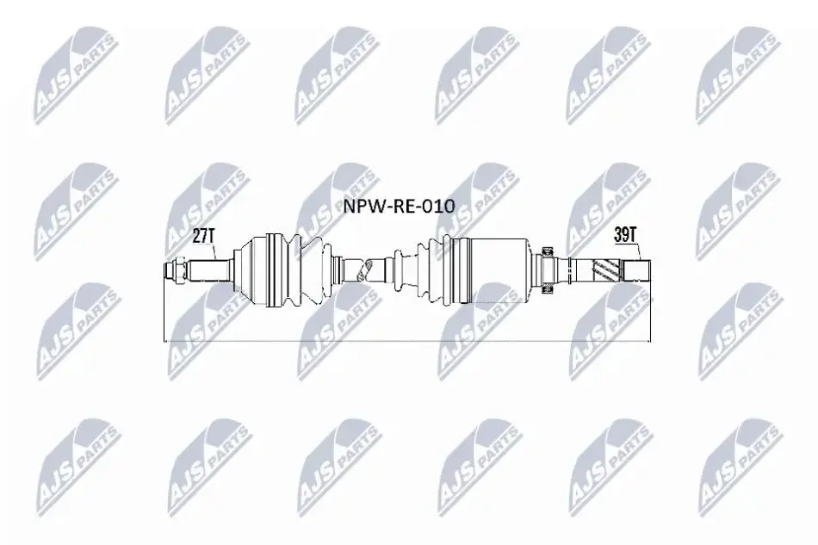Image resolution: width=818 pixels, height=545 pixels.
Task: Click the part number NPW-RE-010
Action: click(x=399, y=207)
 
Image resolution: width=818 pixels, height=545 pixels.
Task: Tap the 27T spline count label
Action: click(x=204, y=236)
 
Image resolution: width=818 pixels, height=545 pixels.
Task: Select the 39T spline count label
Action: click(x=625, y=235)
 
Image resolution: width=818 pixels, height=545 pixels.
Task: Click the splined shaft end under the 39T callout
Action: click(x=637, y=270)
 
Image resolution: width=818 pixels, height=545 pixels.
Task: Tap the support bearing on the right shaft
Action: click(x=548, y=270)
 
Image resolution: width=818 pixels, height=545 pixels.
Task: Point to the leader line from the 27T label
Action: click(x=213, y=252)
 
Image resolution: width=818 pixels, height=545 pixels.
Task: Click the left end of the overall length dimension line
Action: click(x=164, y=342)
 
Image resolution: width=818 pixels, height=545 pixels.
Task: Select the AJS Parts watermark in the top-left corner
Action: click(x=76, y=76)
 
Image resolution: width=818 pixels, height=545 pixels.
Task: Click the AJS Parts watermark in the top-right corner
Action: click(x=738, y=76)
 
